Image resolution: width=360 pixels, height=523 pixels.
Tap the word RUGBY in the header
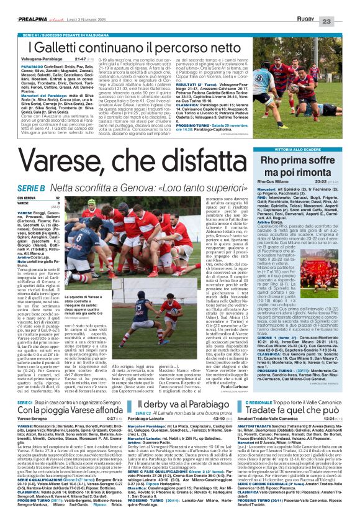pos(318,5)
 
